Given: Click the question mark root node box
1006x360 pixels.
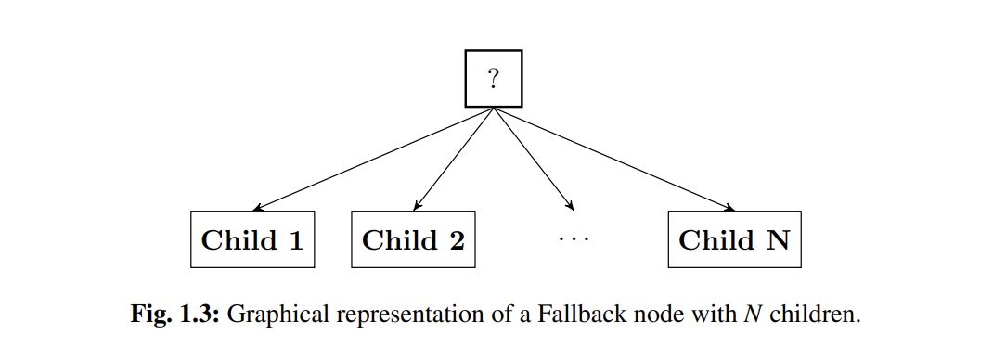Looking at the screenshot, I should (493, 79).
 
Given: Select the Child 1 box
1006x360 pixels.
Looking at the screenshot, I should (252, 240).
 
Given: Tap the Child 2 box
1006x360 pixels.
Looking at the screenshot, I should (413, 240).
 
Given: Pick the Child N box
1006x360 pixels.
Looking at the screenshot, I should (733, 240).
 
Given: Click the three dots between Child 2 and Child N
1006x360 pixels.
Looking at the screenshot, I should (574, 240).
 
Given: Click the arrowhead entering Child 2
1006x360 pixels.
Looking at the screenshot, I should (416, 208).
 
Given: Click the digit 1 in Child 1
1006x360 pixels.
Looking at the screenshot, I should (296, 241).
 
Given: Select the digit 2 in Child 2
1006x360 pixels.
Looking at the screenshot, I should (457, 241).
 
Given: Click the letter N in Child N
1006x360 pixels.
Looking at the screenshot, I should (777, 241).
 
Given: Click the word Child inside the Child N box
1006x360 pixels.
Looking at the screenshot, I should (716, 241).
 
